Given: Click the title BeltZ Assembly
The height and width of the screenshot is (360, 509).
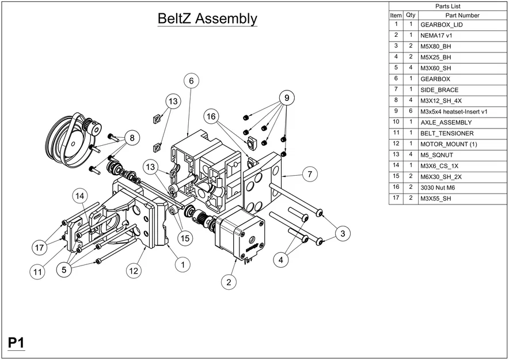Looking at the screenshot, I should click(207, 18).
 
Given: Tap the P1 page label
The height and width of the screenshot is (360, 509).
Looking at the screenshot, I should click(16, 343).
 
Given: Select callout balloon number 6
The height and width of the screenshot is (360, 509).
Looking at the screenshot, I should click(191, 81).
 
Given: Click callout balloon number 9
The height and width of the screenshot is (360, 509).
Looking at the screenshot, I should click(284, 97).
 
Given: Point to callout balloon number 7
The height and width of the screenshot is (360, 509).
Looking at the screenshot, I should click(309, 173).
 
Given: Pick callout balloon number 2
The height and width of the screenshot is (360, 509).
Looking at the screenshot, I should click(229, 282).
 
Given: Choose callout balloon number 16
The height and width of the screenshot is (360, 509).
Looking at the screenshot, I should click(212, 117).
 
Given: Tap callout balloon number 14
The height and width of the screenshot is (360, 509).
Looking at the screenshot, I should click(81, 196).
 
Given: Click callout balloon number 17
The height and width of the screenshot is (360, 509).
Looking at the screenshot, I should click(39, 248).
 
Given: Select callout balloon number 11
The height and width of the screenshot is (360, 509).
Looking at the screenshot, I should click(37, 271).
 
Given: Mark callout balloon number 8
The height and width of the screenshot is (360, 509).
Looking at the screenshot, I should click(132, 138).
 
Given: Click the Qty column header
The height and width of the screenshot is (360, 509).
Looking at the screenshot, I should click(411, 15).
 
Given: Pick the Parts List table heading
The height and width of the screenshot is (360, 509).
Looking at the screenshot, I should click(447, 6).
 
